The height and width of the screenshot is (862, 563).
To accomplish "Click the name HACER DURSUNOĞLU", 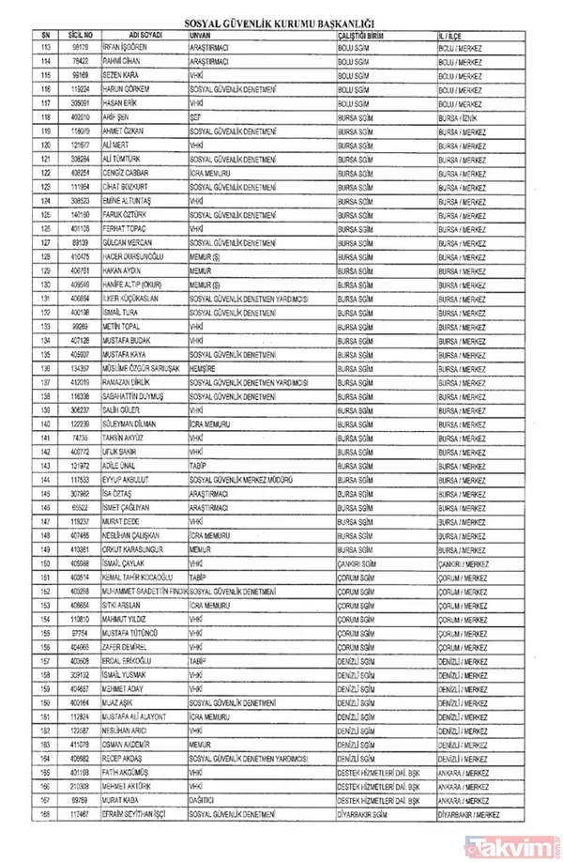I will (x=138, y=256).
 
